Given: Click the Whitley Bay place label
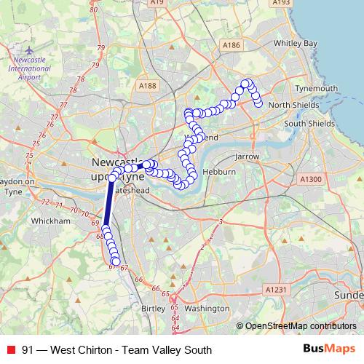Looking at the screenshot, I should tap(296, 44).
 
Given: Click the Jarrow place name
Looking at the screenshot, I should tap(248, 157).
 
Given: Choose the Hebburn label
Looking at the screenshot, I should tap(219, 172).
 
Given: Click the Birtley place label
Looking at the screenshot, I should tap(153, 308).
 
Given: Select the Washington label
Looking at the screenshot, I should tap(207, 308).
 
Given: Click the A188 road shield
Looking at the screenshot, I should tap(148, 86).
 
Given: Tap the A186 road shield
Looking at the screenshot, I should tap(232, 45).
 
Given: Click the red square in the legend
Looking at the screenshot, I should tap(12, 350).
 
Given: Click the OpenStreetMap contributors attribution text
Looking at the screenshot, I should tap(301, 325).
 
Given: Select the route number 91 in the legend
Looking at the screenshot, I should tap(28, 350).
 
